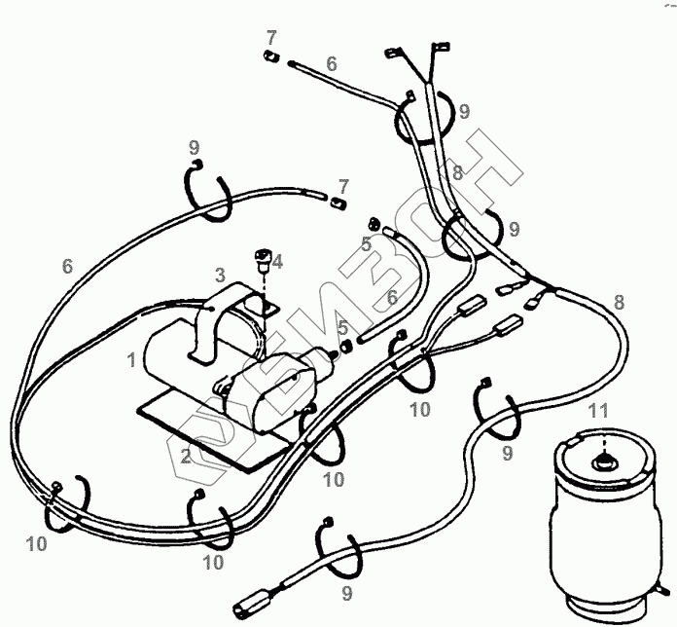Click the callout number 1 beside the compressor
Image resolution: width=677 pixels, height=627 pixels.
pos(130,360)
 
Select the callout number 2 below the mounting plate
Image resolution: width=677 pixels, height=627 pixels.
pos(185,457)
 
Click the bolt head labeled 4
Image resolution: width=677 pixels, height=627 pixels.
pos(261,257)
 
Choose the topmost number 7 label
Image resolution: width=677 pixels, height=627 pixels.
pos(272,37)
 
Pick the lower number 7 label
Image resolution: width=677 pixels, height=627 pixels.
pos(342,184)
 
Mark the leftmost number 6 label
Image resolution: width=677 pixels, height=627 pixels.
pos(67,266)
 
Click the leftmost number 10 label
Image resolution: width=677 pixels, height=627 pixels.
pos(37,545)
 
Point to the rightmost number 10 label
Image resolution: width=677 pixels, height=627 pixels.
pos(419,410)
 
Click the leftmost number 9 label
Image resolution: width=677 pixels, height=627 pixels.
pos(195,148)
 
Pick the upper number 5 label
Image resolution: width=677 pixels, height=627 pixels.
pos(367,244)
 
